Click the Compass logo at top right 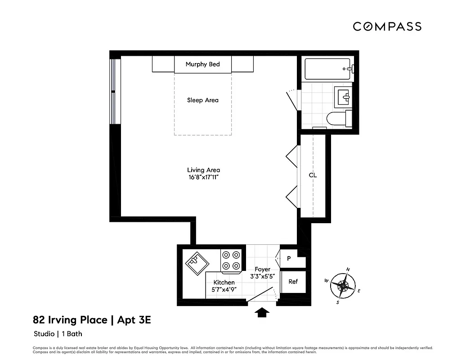tap(387, 27)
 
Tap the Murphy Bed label tap(202, 64)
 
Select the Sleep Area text tap(202, 100)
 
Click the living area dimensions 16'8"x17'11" tap(203, 178)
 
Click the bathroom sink tap(344, 95)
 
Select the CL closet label tap(313, 175)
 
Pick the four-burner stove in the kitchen tap(232, 261)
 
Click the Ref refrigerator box tap(293, 282)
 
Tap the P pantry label tap(289, 258)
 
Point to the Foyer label tap(262, 269)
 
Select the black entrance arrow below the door tap(262, 312)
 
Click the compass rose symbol tap(343, 285)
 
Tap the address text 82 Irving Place tap(71, 320)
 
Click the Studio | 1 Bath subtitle tap(58, 334)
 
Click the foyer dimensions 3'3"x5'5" tap(263, 277)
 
